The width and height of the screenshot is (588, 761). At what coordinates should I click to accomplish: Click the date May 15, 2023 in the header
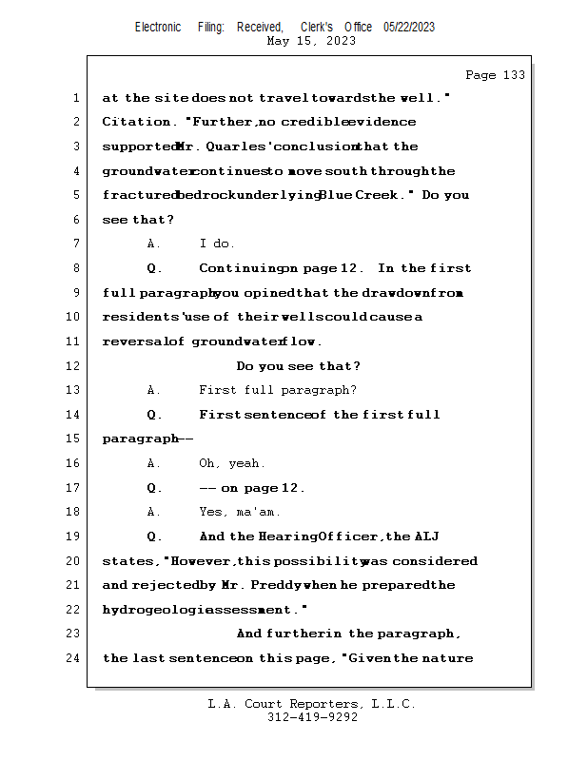311,41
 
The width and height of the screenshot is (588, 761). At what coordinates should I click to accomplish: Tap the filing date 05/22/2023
409,28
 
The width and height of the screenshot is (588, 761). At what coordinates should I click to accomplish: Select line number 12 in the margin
75,366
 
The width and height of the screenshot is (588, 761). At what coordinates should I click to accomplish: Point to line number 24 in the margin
75,658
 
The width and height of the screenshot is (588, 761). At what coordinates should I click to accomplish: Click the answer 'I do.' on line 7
217,244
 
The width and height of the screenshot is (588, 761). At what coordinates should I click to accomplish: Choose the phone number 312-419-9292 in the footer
312,717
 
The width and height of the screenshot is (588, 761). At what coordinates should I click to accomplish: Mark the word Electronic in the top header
158,28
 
